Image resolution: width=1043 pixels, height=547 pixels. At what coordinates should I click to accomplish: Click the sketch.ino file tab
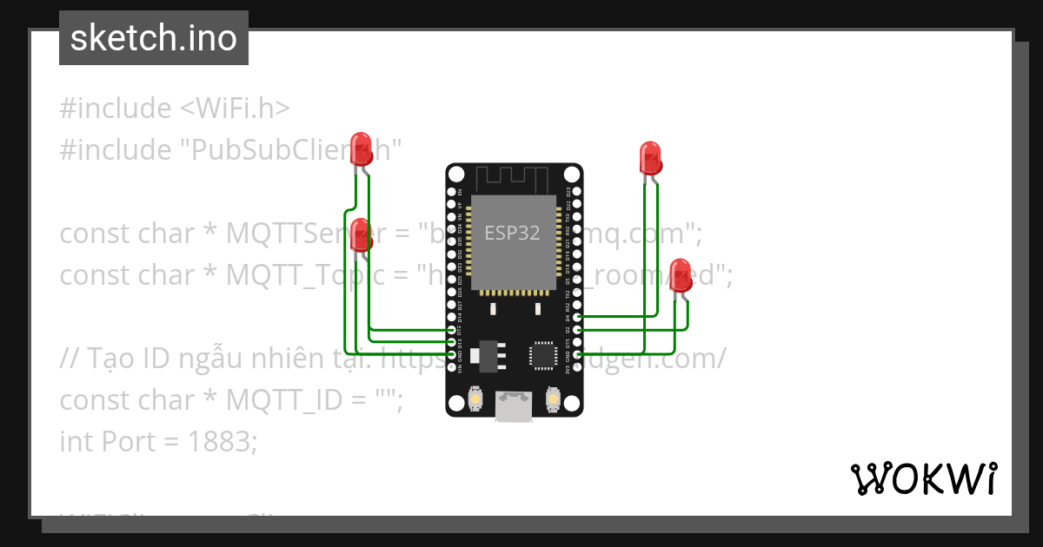(154, 38)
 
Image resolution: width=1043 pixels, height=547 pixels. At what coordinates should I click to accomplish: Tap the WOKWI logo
(923, 478)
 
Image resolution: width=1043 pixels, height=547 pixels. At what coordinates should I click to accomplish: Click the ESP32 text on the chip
(512, 233)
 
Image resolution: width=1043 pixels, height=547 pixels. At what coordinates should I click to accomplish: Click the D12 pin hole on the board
(450, 331)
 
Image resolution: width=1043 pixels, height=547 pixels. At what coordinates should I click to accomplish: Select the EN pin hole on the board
(450, 191)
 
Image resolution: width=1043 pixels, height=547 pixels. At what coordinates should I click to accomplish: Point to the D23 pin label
(568, 192)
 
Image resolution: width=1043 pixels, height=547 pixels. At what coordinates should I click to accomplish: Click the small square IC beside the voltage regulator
(543, 354)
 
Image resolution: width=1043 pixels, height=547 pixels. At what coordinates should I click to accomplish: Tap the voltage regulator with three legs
(483, 353)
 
